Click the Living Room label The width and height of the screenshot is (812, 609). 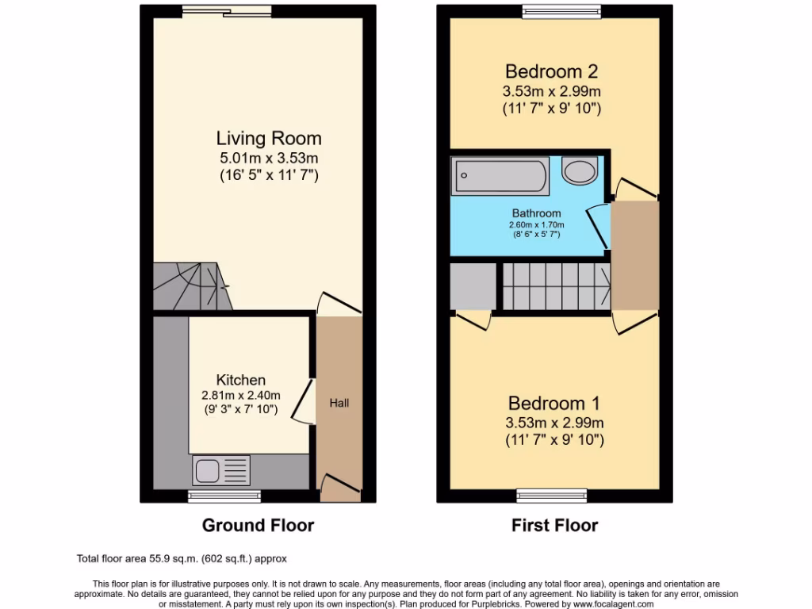[269, 139]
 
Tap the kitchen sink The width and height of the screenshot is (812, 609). [220, 470]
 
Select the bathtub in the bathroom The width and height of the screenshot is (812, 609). [500, 177]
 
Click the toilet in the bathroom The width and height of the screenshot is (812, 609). [579, 171]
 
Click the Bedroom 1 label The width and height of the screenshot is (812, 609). [554, 402]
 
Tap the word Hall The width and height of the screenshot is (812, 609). [339, 403]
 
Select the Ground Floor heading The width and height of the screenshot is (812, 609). [258, 525]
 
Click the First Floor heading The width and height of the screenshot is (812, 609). [554, 525]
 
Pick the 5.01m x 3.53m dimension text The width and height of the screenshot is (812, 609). [269, 157]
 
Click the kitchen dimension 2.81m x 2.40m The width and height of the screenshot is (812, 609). [242, 396]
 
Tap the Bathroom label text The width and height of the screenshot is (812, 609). [536, 213]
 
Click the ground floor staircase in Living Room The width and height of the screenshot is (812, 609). [190, 286]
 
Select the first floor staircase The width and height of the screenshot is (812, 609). [555, 286]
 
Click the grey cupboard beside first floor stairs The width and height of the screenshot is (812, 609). [473, 286]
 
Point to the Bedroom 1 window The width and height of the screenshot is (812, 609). [552, 496]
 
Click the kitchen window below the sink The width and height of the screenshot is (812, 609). [224, 496]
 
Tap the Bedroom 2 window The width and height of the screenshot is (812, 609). [561, 11]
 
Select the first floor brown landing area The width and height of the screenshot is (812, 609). [634, 255]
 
